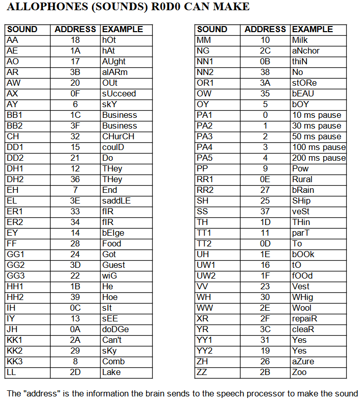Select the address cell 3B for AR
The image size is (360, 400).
tap(76, 72)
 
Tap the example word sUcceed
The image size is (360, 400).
tap(119, 93)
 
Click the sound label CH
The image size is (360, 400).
tap(13, 136)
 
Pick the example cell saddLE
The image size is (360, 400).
tap(116, 201)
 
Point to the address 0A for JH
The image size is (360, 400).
tap(76, 329)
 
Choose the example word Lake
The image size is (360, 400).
tap(111, 372)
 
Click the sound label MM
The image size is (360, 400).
tap(204, 40)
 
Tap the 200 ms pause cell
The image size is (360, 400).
tap(319, 158)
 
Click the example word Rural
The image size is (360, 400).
tap(302, 179)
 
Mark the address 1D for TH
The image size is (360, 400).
tap(265, 222)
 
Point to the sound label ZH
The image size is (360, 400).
tap(203, 361)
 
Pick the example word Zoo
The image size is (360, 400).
tap(299, 372)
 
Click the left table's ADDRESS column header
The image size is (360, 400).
tap(76, 29)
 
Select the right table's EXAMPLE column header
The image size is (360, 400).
tap(313, 29)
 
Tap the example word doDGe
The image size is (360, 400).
tap(115, 329)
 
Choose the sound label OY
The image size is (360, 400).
tap(203, 104)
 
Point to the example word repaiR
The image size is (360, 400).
tap(305, 318)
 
